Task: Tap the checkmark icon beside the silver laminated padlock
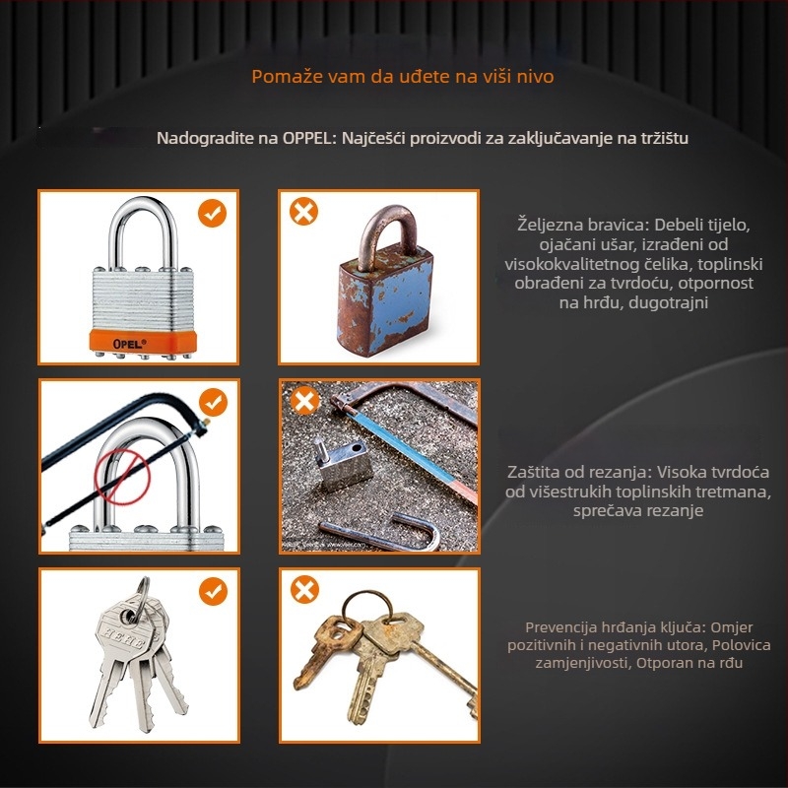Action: click(212, 213)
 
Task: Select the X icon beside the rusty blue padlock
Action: click(303, 211)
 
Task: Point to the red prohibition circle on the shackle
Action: click(122, 477)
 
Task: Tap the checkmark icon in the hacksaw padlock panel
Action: click(213, 402)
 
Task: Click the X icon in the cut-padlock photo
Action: click(304, 401)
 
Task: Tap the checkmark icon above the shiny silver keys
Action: click(213, 591)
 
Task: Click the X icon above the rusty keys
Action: click(304, 589)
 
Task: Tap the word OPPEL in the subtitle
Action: click(307, 138)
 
